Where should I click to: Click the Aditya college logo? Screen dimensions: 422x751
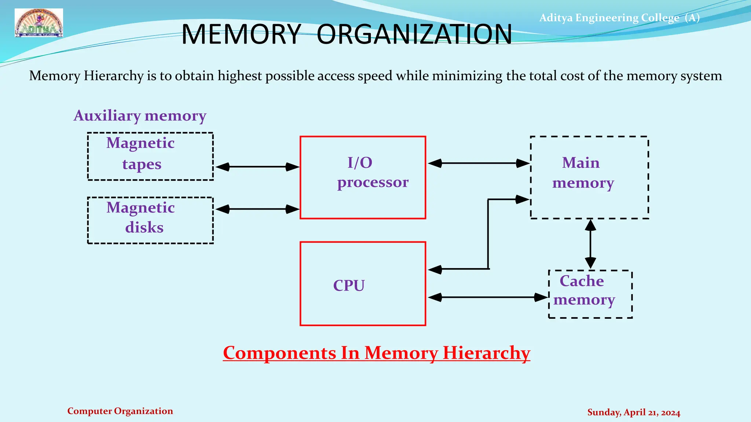[39, 23]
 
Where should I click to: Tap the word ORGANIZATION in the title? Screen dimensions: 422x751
[414, 34]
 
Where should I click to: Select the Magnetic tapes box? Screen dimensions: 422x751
[150, 156]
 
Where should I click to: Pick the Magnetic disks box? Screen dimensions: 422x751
[150, 220]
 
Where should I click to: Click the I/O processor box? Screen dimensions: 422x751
[363, 178]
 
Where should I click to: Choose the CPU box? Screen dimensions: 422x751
[363, 284]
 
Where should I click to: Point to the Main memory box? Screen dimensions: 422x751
[589, 178]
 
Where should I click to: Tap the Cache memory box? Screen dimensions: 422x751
[590, 294]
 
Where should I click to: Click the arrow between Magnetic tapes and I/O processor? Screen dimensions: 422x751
[257, 167]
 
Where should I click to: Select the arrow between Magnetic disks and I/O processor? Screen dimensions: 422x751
[257, 209]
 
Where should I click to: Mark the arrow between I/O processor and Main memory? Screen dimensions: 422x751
[479, 163]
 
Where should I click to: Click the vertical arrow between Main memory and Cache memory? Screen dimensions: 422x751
[590, 244]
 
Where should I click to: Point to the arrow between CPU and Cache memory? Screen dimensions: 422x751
[488, 297]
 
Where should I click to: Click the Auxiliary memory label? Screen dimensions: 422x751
[140, 116]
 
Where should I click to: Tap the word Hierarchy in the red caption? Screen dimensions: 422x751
[486, 353]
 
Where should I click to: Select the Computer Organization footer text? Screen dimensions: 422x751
[120, 411]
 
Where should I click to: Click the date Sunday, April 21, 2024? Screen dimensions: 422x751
[634, 412]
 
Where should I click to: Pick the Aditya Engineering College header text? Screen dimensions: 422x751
[619, 18]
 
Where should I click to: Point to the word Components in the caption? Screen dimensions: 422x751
[279, 353]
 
